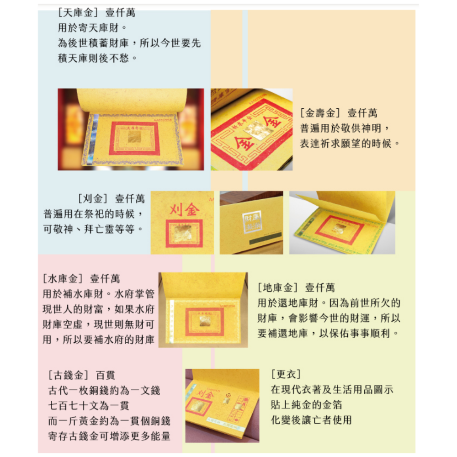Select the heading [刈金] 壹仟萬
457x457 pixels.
112,199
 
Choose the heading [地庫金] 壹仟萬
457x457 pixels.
296,288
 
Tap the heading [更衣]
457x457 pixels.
286,375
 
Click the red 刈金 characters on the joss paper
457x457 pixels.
185,210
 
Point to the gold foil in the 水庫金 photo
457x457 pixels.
204,320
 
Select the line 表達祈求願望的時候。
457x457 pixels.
350,143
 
